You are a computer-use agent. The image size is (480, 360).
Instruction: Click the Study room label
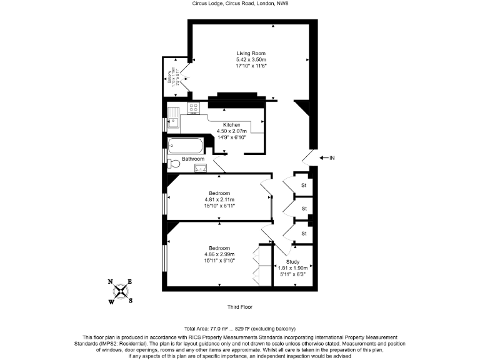point(292,261)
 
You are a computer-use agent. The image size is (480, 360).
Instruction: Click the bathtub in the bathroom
point(186,147)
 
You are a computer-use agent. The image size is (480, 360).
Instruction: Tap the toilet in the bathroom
point(174,164)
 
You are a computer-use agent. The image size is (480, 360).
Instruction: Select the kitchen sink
point(173,114)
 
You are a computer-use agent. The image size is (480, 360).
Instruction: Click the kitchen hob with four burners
point(192,110)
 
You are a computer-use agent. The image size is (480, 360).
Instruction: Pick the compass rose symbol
point(121,291)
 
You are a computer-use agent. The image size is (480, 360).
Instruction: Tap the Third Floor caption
point(240,307)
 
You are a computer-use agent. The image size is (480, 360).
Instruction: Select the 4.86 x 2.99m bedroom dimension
point(219,254)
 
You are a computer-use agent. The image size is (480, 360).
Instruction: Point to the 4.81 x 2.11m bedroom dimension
point(219,199)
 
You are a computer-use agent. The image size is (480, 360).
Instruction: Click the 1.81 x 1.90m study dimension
point(292,267)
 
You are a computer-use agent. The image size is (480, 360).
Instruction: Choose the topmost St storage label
point(304,186)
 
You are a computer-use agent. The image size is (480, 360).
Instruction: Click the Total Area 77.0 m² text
point(239,329)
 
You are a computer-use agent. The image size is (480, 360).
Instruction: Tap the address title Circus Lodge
point(240,4)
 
